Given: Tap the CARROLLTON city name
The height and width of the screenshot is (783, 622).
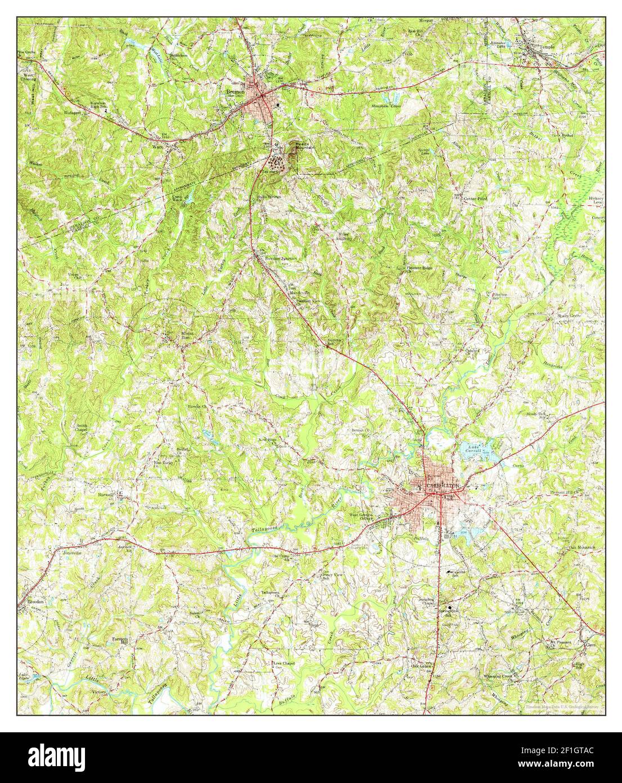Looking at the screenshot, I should point(443,485).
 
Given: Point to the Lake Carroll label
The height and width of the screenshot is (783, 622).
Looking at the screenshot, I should point(473,451).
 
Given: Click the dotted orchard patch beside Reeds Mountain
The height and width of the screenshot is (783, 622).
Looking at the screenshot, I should point(277,162).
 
